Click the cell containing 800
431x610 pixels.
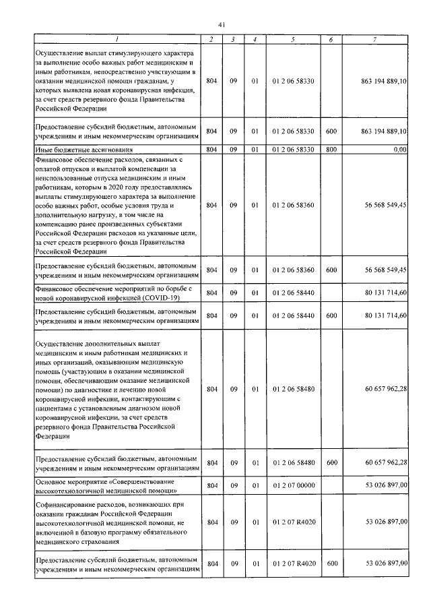[x=331, y=149]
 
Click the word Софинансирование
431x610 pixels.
[x=63, y=505]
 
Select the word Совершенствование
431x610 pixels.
[x=146, y=480]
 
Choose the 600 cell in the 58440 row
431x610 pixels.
[x=331, y=315]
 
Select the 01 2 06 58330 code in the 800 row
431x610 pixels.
[x=292, y=149]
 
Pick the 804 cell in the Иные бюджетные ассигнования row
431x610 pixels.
[x=211, y=149]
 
